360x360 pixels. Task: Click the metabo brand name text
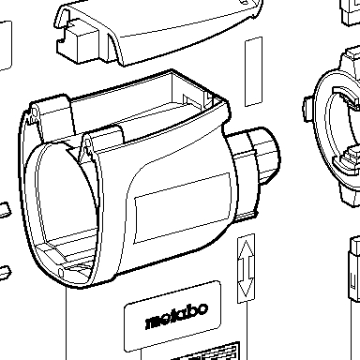point(177,316)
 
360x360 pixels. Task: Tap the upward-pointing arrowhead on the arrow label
point(246,249)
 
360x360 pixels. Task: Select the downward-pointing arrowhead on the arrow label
point(246,288)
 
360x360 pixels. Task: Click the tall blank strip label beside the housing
point(253,71)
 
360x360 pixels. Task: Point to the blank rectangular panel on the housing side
point(183,207)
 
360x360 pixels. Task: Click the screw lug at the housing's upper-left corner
point(34,115)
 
